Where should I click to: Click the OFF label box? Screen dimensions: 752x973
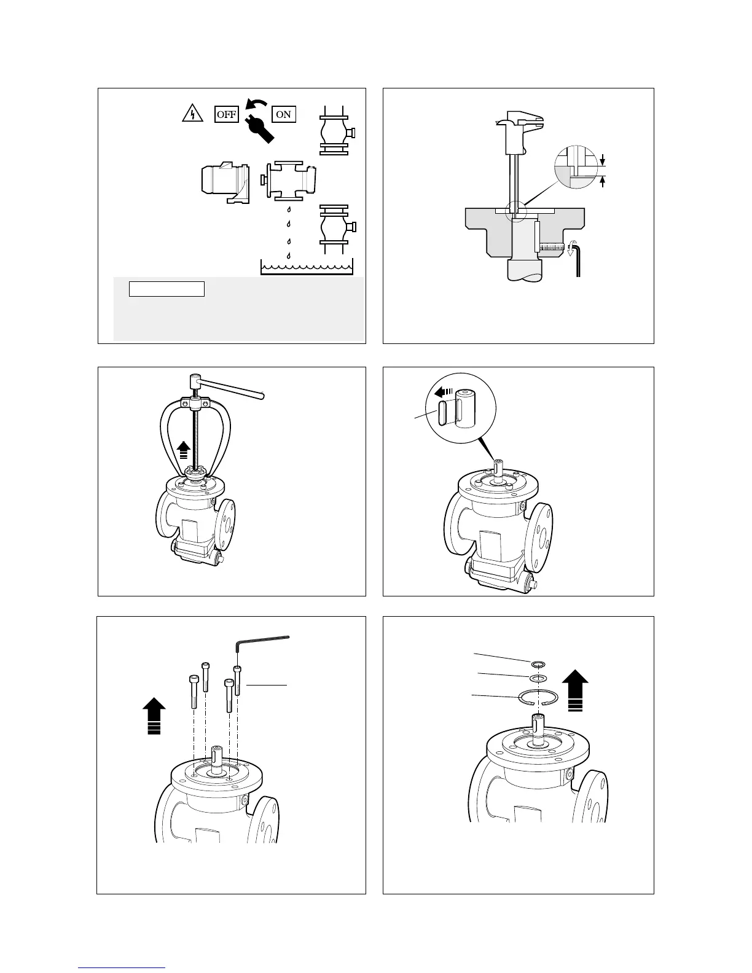point(226,114)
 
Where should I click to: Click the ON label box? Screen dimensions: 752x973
point(284,114)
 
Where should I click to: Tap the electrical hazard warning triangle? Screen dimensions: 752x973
point(193,114)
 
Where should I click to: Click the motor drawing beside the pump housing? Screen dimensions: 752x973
point(224,182)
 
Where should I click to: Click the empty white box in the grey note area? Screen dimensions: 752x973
point(166,289)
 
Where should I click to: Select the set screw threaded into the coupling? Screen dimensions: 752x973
point(553,248)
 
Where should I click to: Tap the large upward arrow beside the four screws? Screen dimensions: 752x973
point(154,715)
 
